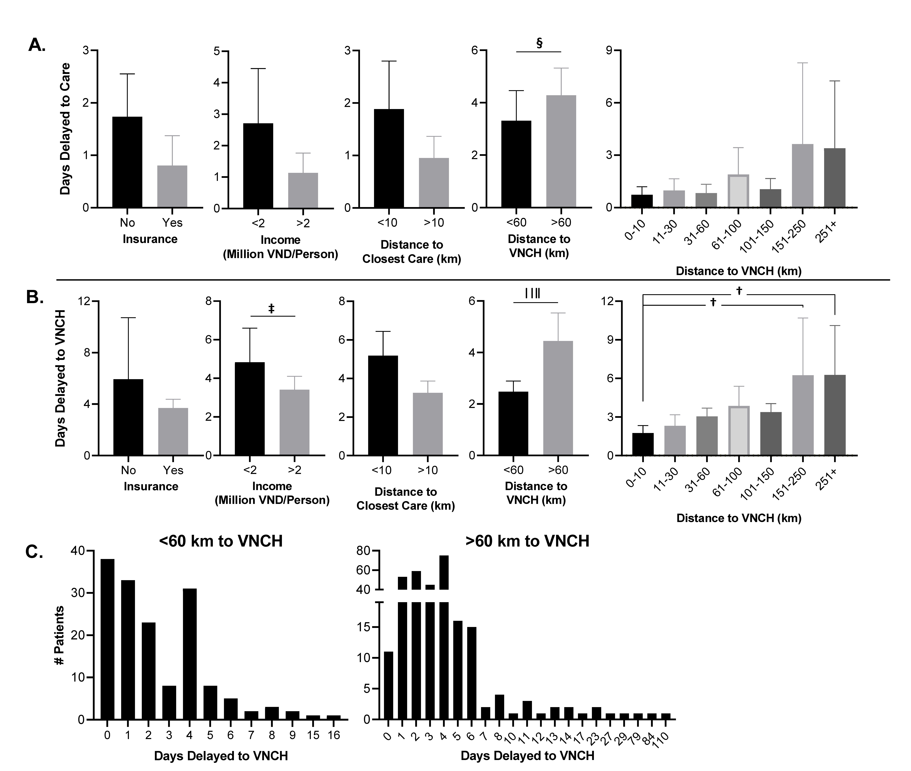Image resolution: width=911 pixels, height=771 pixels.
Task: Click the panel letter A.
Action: [37, 45]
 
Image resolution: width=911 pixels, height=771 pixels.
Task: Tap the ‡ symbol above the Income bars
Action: [271, 309]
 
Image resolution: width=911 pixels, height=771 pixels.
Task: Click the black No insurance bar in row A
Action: [127, 162]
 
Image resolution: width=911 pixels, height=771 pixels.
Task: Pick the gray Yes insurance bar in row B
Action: [173, 432]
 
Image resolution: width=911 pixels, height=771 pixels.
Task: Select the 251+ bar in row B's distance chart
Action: [835, 415]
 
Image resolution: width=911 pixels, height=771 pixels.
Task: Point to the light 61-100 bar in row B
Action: [739, 431]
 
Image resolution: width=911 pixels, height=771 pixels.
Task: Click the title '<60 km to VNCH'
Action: [221, 541]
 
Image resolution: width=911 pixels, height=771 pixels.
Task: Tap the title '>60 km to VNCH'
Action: [527, 541]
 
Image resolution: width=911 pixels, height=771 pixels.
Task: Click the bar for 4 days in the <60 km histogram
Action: [190, 654]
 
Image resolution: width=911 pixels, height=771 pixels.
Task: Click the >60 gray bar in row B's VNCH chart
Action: [558, 398]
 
